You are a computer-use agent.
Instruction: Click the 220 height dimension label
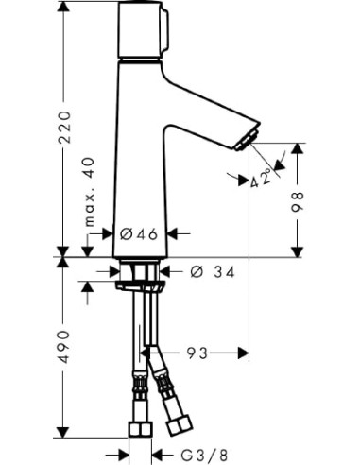point(64,128)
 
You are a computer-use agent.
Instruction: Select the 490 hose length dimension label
point(64,347)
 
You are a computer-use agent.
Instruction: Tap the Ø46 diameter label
point(139,234)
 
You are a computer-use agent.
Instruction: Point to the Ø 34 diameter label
point(213,272)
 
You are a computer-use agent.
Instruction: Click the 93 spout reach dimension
point(197,353)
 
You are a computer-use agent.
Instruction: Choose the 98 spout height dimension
point(297,201)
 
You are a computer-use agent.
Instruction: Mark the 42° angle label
point(261,178)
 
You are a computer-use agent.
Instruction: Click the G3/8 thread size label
point(204,456)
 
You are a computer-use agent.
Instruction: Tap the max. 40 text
point(90,192)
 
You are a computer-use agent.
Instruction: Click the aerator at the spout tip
point(248,140)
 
